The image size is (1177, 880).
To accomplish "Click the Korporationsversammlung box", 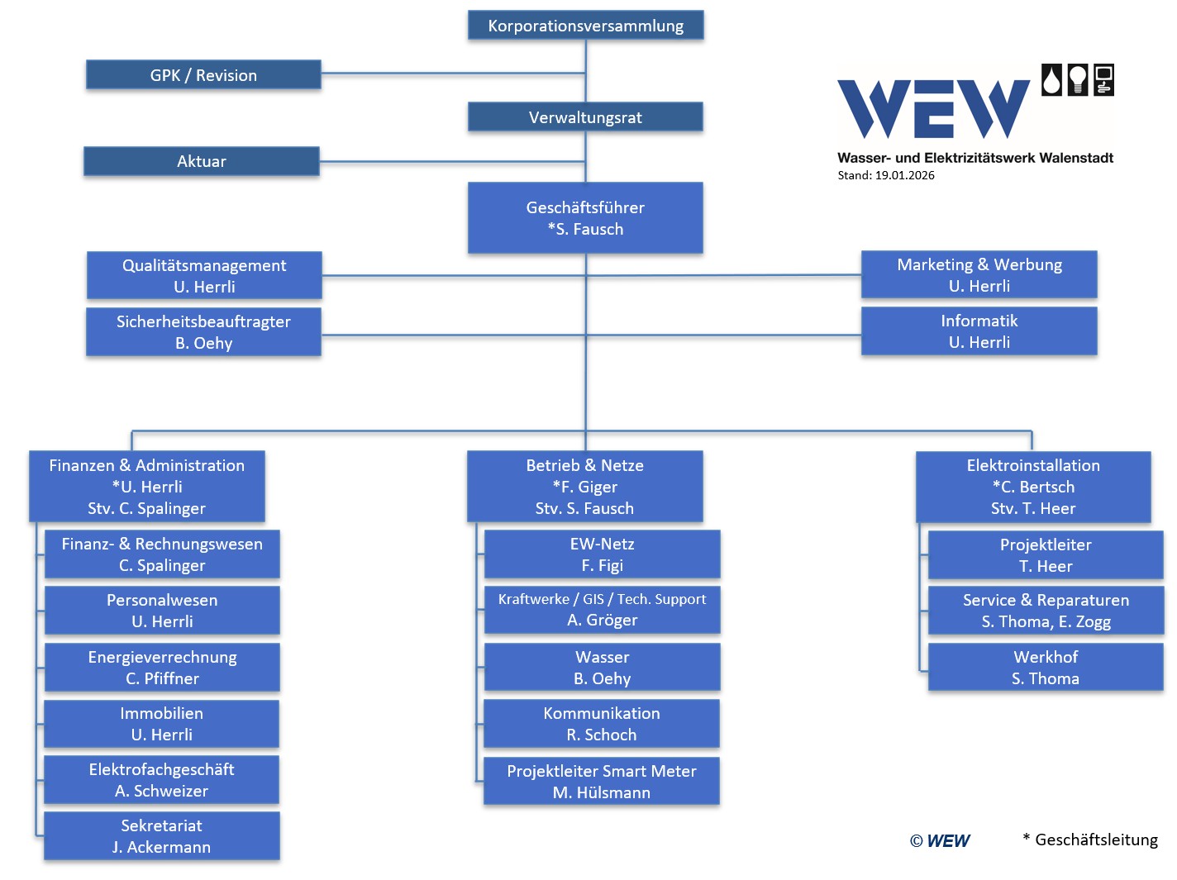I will pos(585,26).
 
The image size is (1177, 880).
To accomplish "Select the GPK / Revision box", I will pos(203,75).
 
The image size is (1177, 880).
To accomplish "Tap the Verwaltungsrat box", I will pos(585,117).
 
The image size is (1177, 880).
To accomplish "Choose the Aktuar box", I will pos(202,161).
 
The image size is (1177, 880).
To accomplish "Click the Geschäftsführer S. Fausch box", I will pos(585,218).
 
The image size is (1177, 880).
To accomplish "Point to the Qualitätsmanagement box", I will pos(204,276).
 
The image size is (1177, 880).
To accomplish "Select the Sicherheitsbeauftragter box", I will pos(203,332).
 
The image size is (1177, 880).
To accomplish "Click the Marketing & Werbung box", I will pos(979,275).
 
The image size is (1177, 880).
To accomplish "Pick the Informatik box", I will pos(979,331).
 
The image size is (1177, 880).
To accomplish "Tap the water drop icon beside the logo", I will pos(1051,80).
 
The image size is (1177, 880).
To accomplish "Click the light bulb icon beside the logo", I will pos(1077,80).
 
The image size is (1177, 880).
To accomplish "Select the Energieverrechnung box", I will pos(162,668).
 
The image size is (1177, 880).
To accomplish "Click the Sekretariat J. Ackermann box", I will pos(162,836).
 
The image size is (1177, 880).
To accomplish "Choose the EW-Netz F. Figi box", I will pos(602,554).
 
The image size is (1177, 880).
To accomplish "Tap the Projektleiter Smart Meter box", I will pos(602,782).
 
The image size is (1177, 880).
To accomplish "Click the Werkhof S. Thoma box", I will pos(1046,668).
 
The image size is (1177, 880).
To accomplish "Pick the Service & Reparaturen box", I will pos(1046,611).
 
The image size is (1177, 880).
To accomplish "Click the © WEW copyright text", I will pos(940,841).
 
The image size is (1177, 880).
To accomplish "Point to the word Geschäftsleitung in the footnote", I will pos(1096,840).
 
